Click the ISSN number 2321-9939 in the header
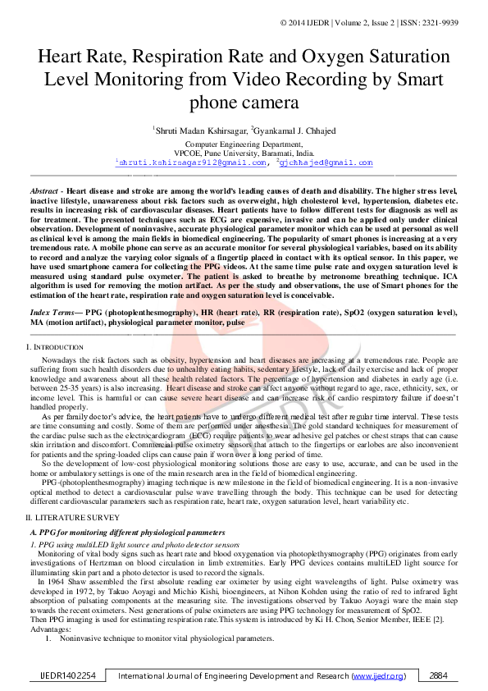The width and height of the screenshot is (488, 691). [x=440, y=22]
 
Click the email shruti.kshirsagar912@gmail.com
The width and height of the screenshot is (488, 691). [x=194, y=162]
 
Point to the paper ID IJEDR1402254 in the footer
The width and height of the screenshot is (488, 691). [x=69, y=676]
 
